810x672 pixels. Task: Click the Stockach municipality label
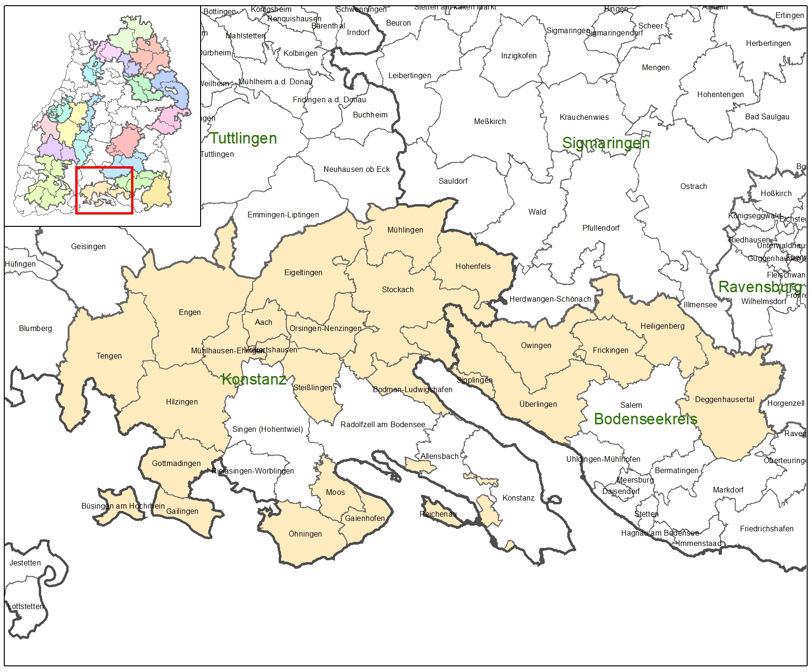397,289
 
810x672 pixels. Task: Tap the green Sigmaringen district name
606,143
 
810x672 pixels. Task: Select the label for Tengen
109,356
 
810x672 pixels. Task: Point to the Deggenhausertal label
724,399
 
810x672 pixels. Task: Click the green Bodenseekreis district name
645,419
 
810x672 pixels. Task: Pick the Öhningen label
305,534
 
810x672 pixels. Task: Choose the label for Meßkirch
490,121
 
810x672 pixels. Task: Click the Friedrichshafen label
766,529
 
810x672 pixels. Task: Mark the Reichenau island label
438,514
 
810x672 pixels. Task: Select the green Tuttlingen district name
243,138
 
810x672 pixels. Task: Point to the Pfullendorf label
601,228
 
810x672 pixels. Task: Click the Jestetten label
25,563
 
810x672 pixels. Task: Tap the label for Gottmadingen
176,463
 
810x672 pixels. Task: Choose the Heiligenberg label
662,326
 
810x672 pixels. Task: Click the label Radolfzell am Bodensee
383,424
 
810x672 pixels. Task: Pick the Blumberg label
35,328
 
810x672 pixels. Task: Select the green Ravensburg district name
760,287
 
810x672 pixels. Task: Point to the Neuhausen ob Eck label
356,169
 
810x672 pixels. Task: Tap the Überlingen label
538,404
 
